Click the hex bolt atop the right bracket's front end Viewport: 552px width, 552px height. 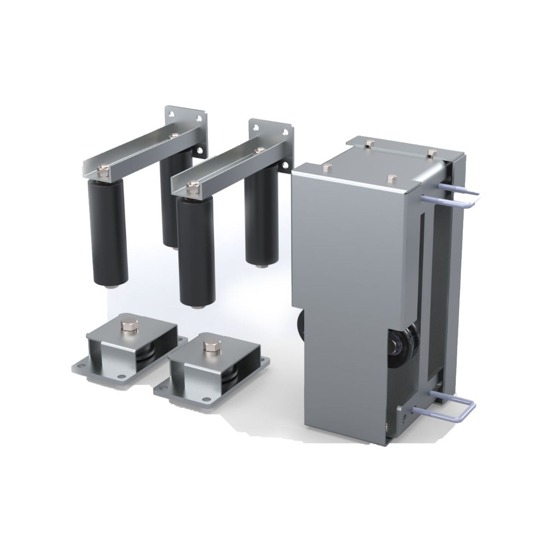tap(192, 186)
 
